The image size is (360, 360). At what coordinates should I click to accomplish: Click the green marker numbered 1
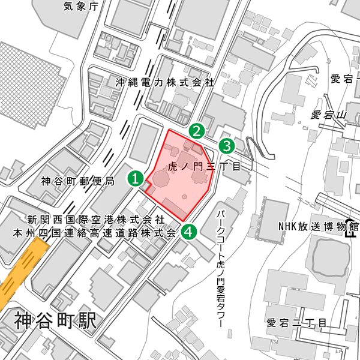(136, 178)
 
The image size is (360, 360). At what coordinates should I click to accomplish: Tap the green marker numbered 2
(197, 131)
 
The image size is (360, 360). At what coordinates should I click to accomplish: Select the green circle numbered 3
(226, 145)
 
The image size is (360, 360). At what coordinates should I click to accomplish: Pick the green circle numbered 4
(189, 231)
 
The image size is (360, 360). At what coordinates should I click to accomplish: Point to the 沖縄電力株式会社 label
(165, 82)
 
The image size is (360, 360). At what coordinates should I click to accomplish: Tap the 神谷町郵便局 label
(77, 181)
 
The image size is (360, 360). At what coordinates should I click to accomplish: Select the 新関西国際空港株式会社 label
(95, 220)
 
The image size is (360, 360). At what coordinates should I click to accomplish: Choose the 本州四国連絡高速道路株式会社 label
(95, 232)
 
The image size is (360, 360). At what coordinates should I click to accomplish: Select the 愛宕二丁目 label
(296, 323)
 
